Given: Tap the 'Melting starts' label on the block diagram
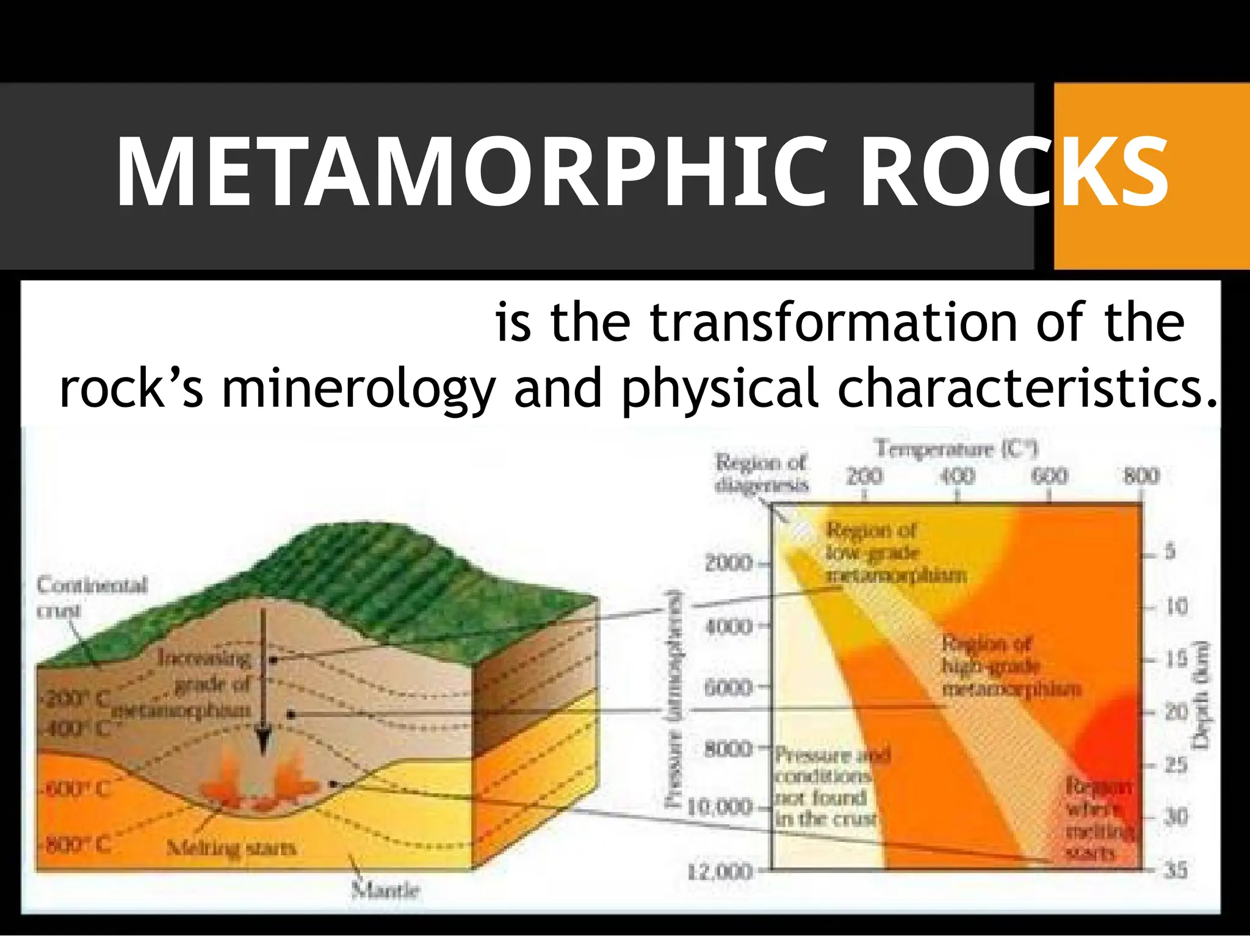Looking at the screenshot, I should (231, 847).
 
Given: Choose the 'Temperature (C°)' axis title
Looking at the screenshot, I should (957, 450).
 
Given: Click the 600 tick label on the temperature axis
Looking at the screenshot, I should (1049, 476).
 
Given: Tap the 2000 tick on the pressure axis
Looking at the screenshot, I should (729, 562).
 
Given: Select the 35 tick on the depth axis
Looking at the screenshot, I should (1176, 869).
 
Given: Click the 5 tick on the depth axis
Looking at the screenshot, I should (1169, 551).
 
